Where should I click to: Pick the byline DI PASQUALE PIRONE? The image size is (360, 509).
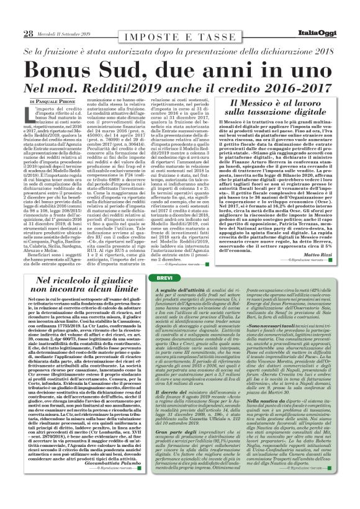(50, 101)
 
